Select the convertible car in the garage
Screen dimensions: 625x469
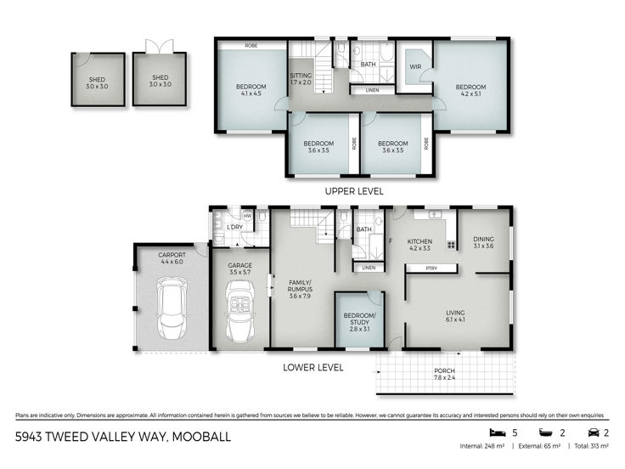tap(240, 313)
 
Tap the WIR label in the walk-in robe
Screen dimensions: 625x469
tap(415, 66)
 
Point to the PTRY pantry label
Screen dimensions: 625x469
tap(431, 268)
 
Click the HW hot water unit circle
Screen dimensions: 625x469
tap(247, 216)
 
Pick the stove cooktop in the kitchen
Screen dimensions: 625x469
tap(451, 245)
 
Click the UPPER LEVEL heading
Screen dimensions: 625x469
tap(354, 191)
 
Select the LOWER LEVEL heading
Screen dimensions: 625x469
tap(312, 368)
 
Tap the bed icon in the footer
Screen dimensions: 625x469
tap(497, 432)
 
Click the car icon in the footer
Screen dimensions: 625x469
tap(594, 432)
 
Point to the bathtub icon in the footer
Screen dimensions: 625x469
tap(546, 432)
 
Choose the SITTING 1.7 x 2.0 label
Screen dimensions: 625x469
tap(301, 79)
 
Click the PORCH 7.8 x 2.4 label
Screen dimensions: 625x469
tap(444, 374)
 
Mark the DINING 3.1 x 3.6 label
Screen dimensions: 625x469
tap(483, 242)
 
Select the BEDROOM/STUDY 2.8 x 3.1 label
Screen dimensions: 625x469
tap(359, 322)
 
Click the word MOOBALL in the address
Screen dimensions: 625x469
tap(201, 437)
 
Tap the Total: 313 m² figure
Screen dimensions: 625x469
tap(591, 446)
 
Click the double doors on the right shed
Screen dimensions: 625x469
tap(160, 46)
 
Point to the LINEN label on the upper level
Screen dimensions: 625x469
tap(372, 91)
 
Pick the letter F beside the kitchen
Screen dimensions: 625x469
tap(391, 241)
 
